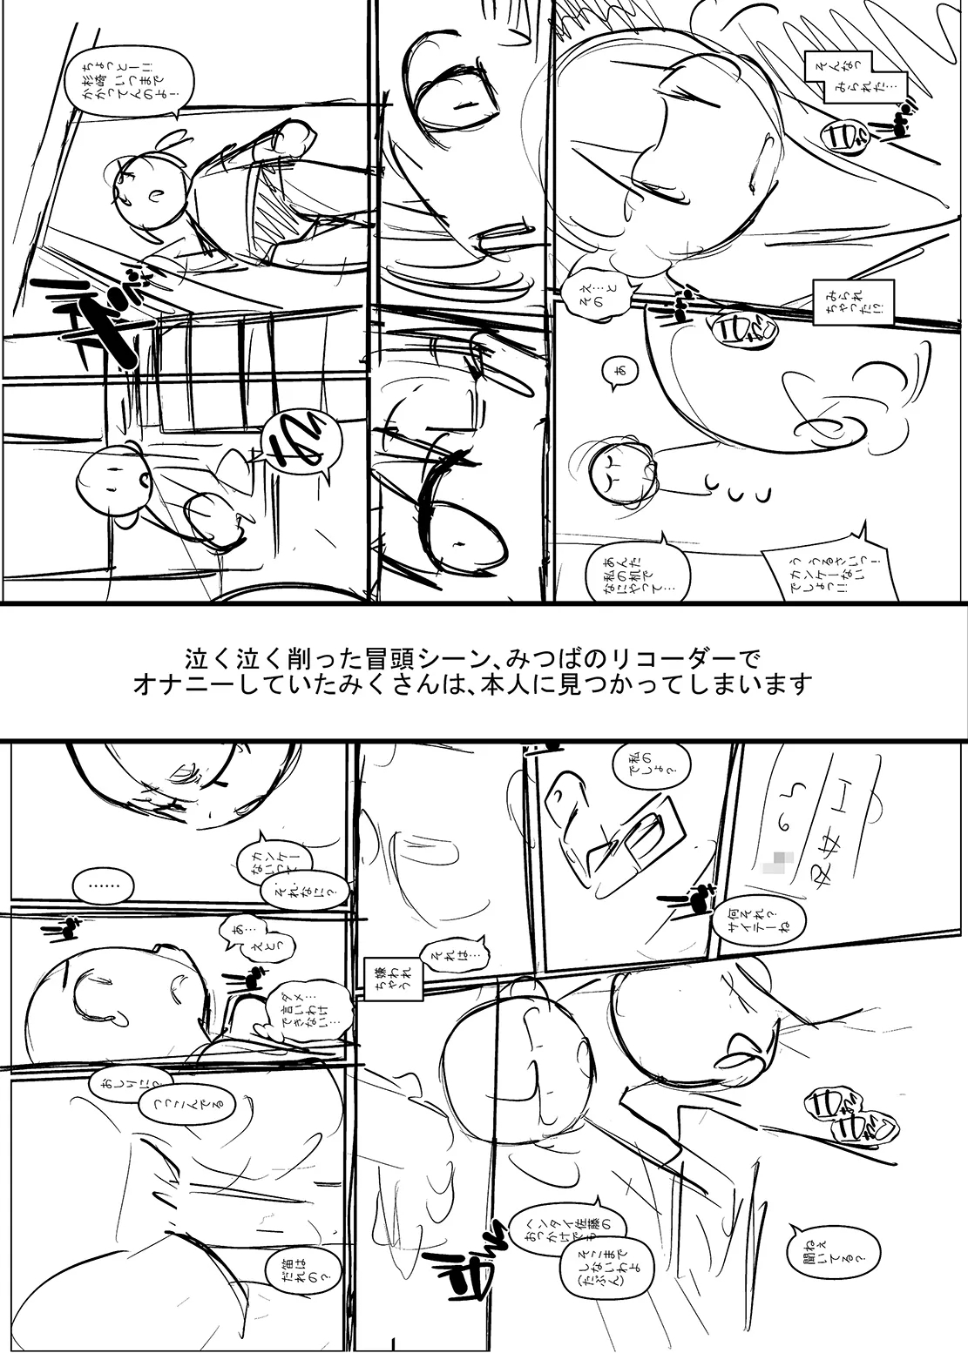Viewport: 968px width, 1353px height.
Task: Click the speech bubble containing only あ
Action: tap(619, 372)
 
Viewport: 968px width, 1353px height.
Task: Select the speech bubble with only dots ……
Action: tap(104, 887)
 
